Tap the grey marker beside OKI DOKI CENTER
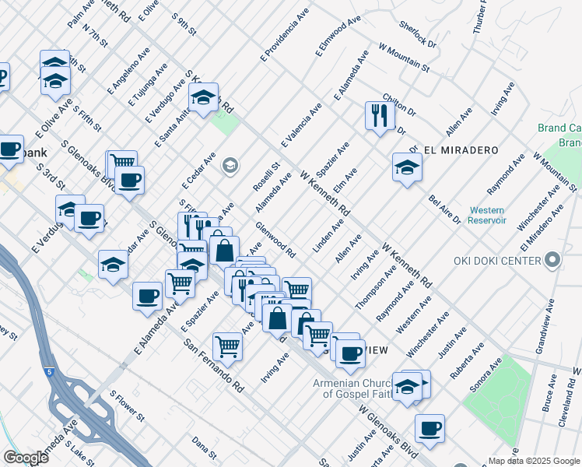point(553,259)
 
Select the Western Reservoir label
point(488,216)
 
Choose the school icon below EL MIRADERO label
point(407,167)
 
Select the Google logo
point(26,458)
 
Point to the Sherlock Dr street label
point(418,40)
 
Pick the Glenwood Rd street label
point(275,241)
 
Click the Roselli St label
point(271,178)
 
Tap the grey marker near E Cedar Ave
point(230,165)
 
